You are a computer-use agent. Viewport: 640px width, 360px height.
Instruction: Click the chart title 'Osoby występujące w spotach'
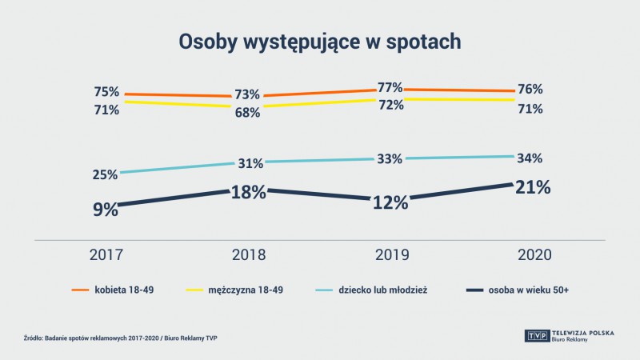click(320, 42)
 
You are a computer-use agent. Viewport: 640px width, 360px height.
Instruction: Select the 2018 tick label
click(248, 255)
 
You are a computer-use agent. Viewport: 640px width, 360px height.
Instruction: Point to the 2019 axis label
click(390, 255)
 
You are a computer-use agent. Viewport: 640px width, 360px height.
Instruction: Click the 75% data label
click(106, 90)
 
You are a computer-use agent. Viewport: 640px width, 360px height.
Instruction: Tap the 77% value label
click(390, 87)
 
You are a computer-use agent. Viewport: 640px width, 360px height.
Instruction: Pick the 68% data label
click(247, 113)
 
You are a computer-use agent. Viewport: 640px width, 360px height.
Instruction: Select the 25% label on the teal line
click(106, 174)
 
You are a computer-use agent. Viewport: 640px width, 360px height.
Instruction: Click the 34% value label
click(530, 158)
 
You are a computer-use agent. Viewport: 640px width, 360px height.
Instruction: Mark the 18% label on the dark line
click(248, 193)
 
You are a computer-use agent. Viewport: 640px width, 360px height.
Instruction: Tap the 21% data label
click(531, 187)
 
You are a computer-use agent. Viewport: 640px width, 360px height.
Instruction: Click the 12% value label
click(390, 202)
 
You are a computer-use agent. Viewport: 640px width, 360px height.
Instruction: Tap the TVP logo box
click(535, 334)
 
